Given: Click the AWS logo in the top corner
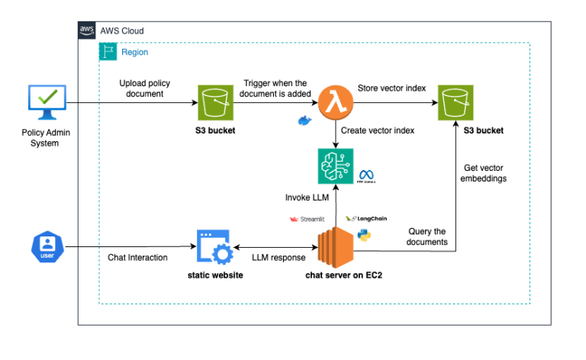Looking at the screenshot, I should pos(87,30).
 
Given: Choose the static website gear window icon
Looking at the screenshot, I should pos(214,246).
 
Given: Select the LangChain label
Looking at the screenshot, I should pos(367,218).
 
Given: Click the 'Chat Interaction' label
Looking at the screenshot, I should pos(137,258).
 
